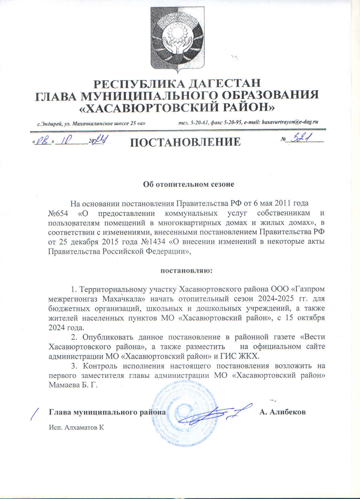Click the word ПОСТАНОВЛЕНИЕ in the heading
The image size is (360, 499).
pyautogui.click(x=185, y=142)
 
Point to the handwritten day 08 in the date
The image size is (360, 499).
pyautogui.click(x=43, y=141)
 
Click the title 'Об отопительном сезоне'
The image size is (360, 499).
pyautogui.click(x=188, y=184)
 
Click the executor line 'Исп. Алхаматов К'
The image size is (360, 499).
pyautogui.click(x=75, y=427)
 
